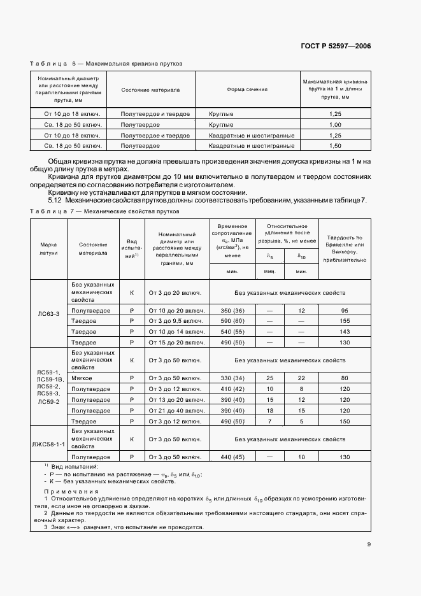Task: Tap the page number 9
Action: pos(369,544)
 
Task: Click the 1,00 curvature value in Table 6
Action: pos(336,124)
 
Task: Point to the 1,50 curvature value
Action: pos(336,146)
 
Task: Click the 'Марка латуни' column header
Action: pos(49,248)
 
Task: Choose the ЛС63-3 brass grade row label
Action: pos(49,313)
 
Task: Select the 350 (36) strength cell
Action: pos(232,310)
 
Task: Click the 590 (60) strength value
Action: pos(232,321)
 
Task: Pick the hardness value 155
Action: pos(345,321)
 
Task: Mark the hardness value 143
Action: pos(345,332)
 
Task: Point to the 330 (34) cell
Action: pos(232,378)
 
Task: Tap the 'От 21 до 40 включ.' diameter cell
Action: pos(175,411)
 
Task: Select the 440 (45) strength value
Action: pos(232,457)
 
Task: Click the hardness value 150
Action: pos(345,422)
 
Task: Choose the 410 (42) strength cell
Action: pos(232,388)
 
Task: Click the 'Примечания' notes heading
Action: pos(71,492)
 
